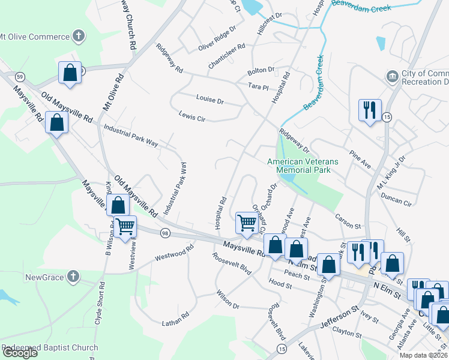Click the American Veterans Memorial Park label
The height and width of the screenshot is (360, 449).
tap(303, 166)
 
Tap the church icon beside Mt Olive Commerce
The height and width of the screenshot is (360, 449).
tap(77, 37)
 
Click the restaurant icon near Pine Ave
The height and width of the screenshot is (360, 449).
tap(368, 110)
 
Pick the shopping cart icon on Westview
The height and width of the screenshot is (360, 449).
tap(125, 227)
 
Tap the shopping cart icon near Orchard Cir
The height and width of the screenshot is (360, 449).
tap(247, 222)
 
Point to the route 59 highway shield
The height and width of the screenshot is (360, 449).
tap(20, 77)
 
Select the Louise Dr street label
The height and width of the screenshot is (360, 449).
tap(209, 100)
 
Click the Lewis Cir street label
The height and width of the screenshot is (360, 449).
tap(192, 116)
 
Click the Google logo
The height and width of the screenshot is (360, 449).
tap(19, 353)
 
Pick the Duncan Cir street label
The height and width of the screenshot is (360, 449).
tap(400, 199)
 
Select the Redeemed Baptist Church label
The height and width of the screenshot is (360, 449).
tap(50, 348)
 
